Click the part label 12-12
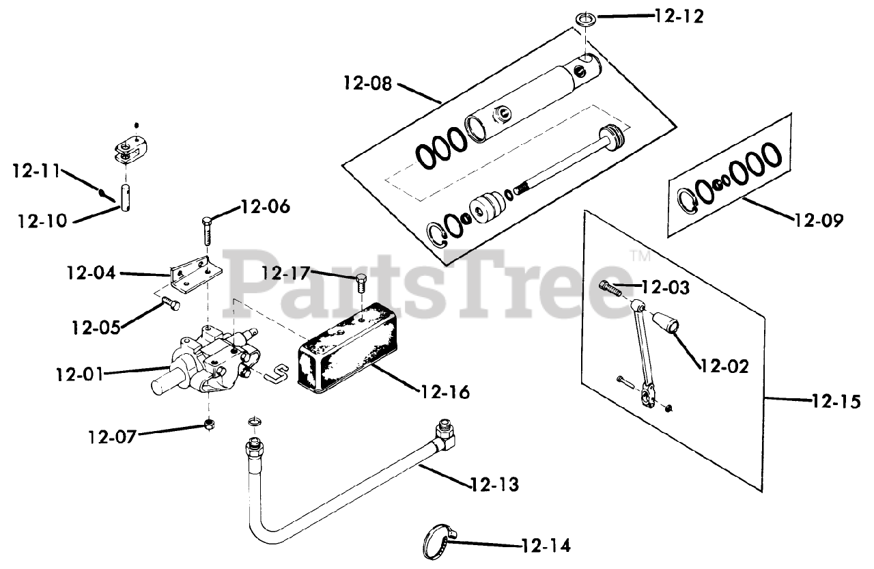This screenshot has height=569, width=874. click(x=678, y=16)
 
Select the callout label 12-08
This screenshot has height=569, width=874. click(x=367, y=85)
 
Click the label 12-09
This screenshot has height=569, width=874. click(x=818, y=220)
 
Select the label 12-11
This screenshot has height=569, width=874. click(x=35, y=170)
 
